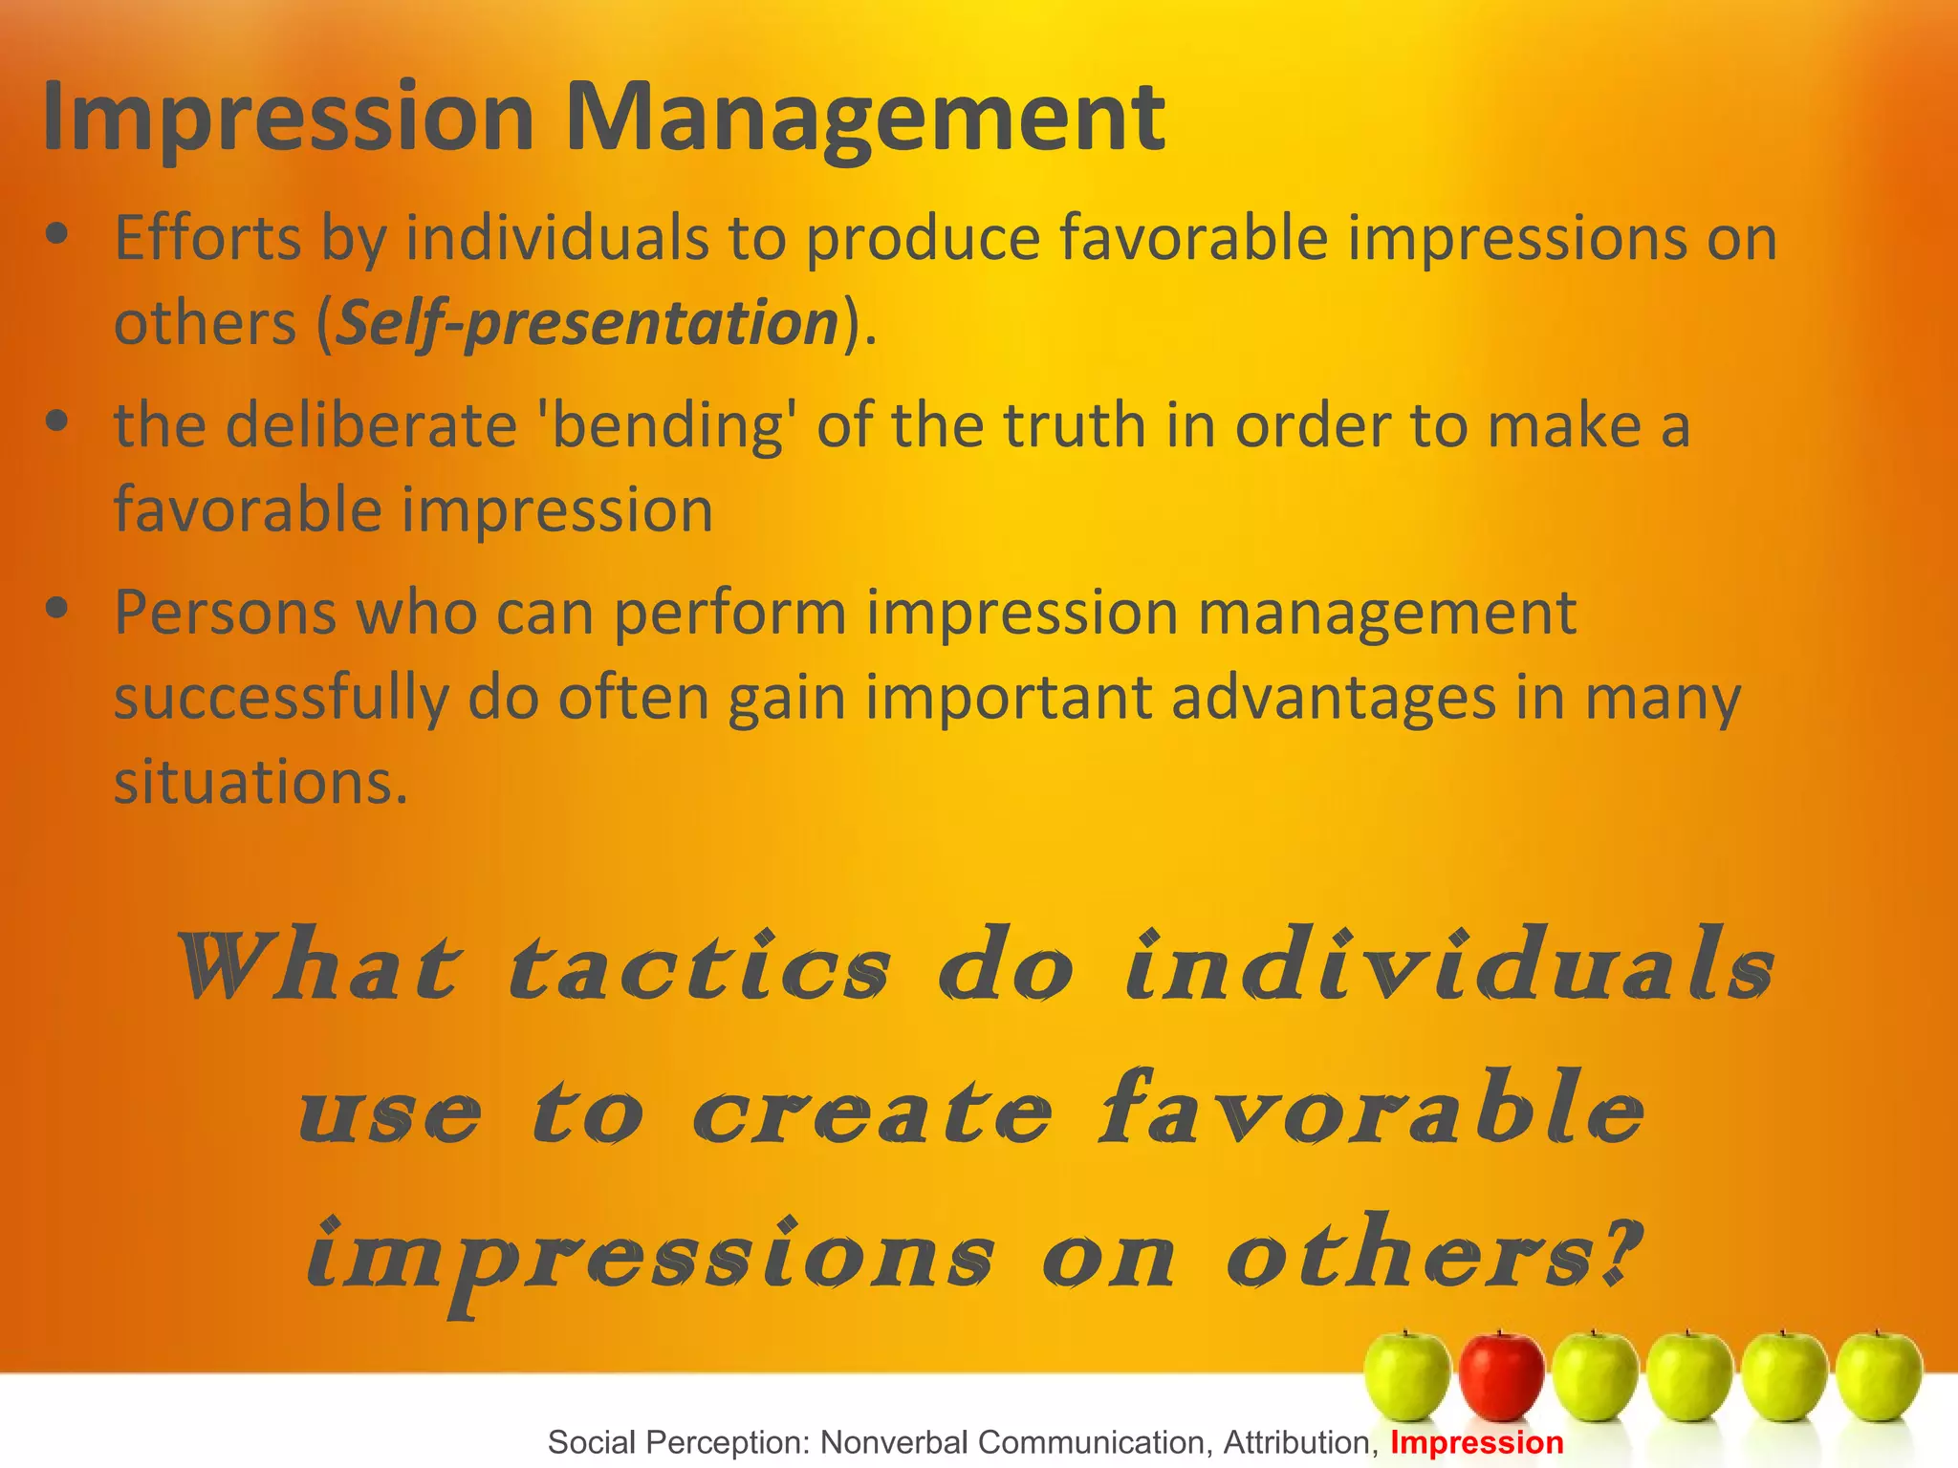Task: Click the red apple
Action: tap(1501, 1376)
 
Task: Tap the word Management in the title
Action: tap(865, 117)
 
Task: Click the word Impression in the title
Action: tap(288, 117)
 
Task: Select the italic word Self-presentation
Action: tap(588, 323)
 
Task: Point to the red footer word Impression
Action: tap(1476, 1442)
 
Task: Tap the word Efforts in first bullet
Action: tap(207, 238)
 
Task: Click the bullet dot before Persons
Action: tap(57, 607)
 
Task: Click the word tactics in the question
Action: tap(699, 965)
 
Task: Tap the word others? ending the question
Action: tap(1434, 1252)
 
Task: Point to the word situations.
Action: tap(261, 783)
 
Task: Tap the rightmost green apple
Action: tap(1879, 1376)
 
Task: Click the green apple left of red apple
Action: tap(1407, 1376)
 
